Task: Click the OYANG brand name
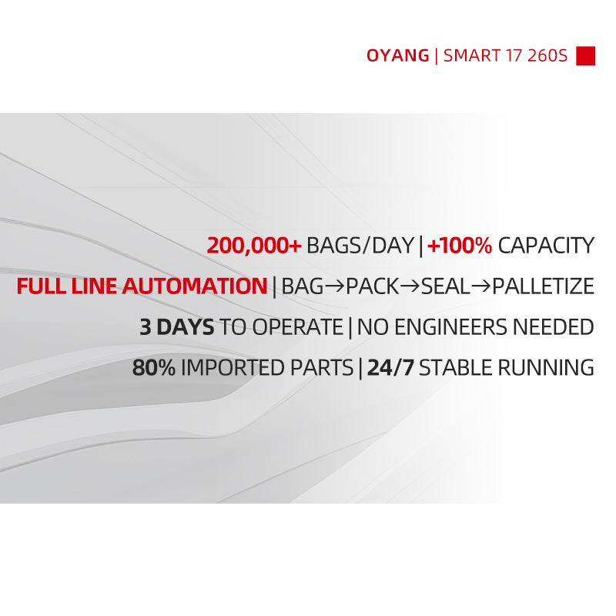(x=397, y=55)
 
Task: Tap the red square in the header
(x=585, y=55)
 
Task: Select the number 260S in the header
(x=547, y=55)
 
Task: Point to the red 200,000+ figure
(x=254, y=246)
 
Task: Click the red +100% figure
(x=460, y=246)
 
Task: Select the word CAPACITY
(x=546, y=246)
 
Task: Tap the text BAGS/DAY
(x=360, y=246)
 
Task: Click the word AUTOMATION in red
(x=195, y=286)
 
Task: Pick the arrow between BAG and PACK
(x=335, y=286)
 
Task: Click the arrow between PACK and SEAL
(x=410, y=286)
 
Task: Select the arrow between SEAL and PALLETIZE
(x=480, y=286)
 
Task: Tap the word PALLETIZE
(x=544, y=286)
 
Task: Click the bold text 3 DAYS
(x=177, y=326)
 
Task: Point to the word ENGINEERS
(x=450, y=326)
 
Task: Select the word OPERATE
(x=298, y=326)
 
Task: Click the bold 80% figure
(x=153, y=368)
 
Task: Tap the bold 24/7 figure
(x=390, y=368)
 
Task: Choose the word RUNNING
(x=546, y=368)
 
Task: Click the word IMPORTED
(x=233, y=368)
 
